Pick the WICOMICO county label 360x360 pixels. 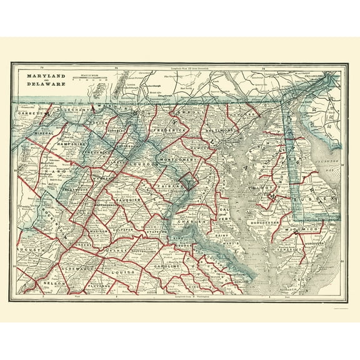(304, 229)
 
